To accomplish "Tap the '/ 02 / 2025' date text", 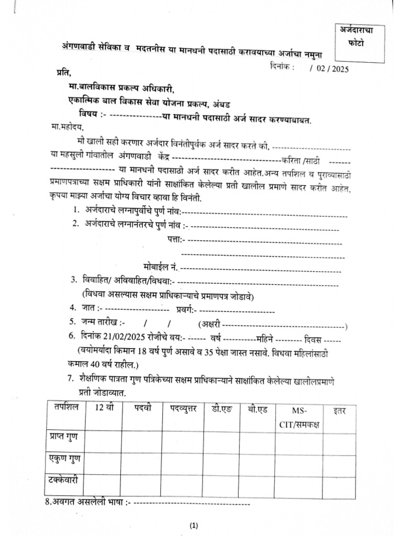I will pyautogui.click(x=329, y=68).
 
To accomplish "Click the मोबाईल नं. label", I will pyautogui.click(x=161, y=267).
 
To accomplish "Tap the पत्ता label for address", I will pyautogui.click(x=174, y=240).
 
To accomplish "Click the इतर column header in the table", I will pyautogui.click(x=340, y=411).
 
